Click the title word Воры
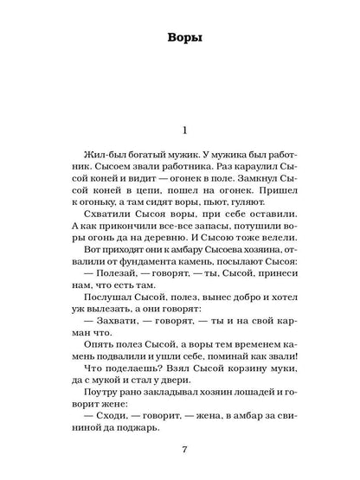180,38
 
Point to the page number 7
180,450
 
